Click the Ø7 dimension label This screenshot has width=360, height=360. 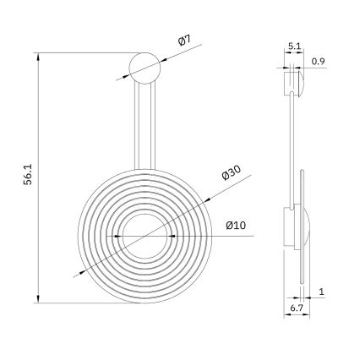click(x=184, y=41)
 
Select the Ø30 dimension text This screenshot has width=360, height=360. click(x=232, y=172)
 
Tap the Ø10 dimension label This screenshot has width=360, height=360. click(x=236, y=226)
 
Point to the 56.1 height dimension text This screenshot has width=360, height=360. click(x=28, y=174)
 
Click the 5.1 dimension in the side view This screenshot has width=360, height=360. click(x=294, y=46)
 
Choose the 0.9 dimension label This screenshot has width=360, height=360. click(x=319, y=61)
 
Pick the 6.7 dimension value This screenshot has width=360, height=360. click(x=297, y=308)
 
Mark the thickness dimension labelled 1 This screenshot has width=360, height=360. click(x=321, y=292)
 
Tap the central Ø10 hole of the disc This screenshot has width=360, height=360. click(x=145, y=236)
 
